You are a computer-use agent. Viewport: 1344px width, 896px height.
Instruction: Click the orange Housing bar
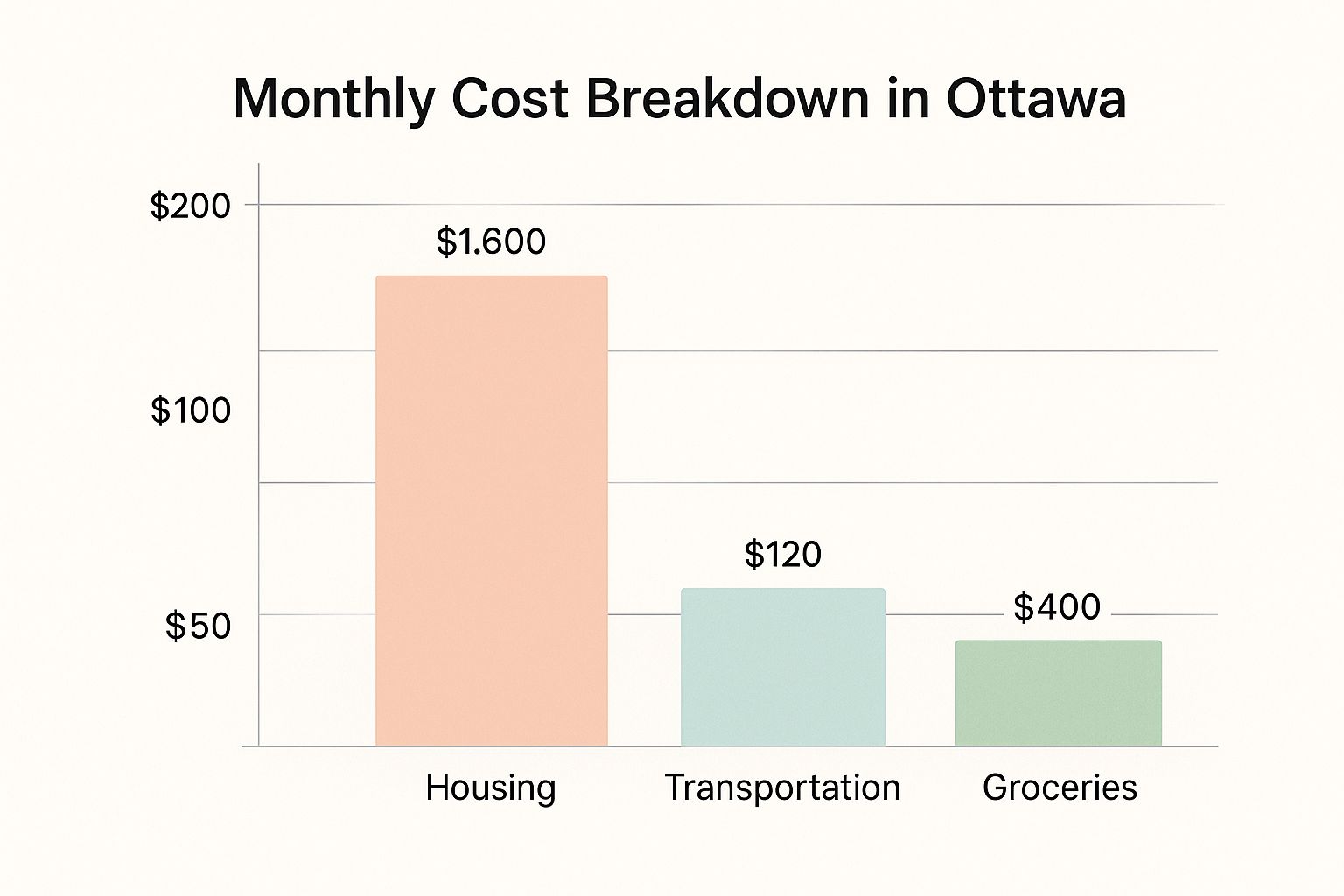[491, 512]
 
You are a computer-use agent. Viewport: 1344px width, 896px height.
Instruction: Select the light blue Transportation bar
[783, 668]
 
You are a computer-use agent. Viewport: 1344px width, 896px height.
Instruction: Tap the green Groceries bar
[1058, 694]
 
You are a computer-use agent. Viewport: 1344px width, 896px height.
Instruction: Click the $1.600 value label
[491, 241]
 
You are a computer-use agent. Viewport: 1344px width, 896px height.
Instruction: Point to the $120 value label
[783, 555]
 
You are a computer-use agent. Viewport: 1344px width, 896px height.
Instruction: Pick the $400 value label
[1057, 607]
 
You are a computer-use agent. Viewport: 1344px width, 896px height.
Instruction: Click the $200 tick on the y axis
[191, 206]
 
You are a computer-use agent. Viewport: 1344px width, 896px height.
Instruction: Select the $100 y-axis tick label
[191, 410]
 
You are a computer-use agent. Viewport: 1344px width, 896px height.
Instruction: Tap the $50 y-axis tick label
[198, 626]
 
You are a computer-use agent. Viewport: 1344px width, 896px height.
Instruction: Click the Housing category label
[491, 787]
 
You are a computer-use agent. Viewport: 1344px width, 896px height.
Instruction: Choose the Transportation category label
[783, 787]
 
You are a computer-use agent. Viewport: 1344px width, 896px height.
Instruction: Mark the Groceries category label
[1060, 787]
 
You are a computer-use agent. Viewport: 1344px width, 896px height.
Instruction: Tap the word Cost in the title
[512, 99]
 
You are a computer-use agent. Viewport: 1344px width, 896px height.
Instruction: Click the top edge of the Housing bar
[491, 276]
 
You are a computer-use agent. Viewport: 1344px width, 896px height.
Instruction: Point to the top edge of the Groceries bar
[1058, 641]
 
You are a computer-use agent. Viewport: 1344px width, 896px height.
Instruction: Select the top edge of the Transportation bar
[783, 589]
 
